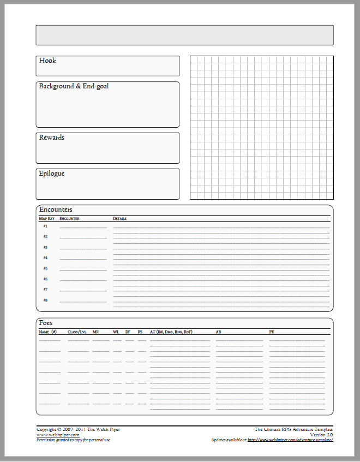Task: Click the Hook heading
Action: point(47,61)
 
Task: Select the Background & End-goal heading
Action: point(74,86)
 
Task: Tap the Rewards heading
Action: point(52,137)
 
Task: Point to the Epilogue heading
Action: point(52,173)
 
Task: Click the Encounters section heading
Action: point(56,209)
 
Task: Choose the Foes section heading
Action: point(46,323)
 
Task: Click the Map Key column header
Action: point(47,219)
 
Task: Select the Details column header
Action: point(119,219)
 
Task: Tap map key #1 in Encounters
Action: point(45,226)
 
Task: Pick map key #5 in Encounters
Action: point(45,268)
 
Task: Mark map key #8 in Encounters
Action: point(45,300)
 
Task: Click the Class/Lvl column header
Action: point(77,332)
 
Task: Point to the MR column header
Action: point(95,332)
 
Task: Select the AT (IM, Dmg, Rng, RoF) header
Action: point(171,332)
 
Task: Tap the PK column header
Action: point(272,332)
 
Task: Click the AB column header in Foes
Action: point(219,332)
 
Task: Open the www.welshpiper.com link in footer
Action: point(58,435)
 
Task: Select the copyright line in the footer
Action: point(78,430)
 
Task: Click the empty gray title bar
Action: point(184,34)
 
